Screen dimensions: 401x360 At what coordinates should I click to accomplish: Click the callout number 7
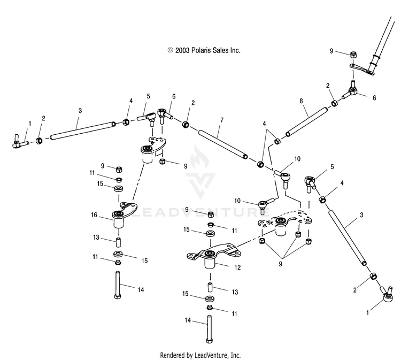pos(222,120)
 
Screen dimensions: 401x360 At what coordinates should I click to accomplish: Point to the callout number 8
pos(301,101)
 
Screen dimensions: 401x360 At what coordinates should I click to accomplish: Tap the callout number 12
pos(237,267)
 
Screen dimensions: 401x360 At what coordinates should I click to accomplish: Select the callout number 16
pos(94,215)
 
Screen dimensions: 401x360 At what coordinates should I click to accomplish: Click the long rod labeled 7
pos(223,144)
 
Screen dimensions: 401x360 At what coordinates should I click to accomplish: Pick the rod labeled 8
pos(307,122)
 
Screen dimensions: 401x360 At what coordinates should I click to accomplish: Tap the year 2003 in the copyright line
pos(182,50)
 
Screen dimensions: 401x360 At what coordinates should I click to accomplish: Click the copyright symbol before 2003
pos(171,50)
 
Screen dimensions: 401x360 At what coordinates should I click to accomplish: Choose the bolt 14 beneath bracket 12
pos(209,330)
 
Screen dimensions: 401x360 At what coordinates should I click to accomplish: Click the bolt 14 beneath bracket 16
pos(118,285)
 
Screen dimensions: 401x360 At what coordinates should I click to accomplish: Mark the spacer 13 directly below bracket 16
pos(118,242)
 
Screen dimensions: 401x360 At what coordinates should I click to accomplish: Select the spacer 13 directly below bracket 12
pos(210,287)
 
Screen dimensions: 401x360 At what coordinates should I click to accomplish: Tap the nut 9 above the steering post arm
pos(353,55)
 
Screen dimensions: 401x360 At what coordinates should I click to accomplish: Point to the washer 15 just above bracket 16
pos(119,189)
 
